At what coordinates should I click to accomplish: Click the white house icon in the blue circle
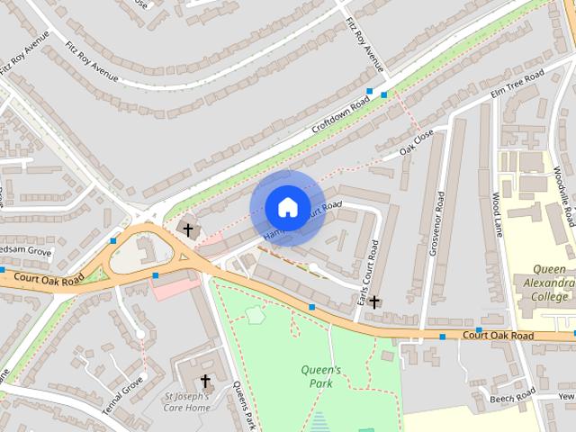point(287,207)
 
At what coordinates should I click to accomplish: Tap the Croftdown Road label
point(340,116)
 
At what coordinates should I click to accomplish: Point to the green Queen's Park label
point(320,376)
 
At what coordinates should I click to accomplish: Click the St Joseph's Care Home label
point(187,401)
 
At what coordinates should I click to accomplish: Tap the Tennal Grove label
point(122,394)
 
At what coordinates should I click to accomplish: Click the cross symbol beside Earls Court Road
point(373,302)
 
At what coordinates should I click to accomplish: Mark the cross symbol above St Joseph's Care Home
point(205,381)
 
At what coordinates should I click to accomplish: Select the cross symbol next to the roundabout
point(188,229)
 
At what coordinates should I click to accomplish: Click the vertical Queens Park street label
point(244,406)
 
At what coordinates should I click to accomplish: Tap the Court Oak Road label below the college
point(498,336)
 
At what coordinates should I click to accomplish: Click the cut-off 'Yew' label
point(566,396)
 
